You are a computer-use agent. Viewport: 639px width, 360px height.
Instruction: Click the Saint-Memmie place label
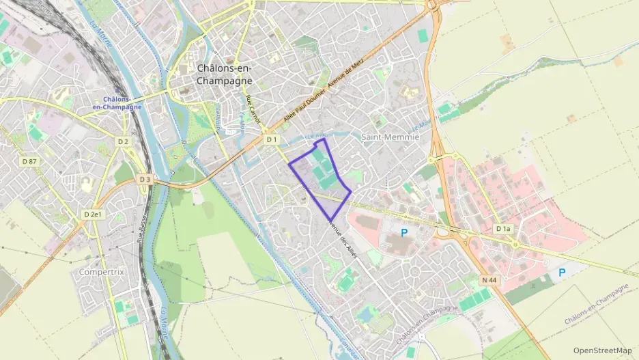tap(389, 137)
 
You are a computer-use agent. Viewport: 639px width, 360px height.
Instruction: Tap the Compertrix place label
tap(102, 271)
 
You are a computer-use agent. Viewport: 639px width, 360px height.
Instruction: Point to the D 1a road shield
tap(503, 228)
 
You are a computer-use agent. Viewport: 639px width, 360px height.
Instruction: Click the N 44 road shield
tap(488, 280)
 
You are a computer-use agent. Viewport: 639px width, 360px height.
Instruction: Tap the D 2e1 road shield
tap(93, 214)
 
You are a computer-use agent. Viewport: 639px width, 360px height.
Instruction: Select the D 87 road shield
tap(29, 161)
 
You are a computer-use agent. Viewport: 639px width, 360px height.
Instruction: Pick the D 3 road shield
tap(145, 179)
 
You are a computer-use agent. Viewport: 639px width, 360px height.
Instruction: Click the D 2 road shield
tap(123, 141)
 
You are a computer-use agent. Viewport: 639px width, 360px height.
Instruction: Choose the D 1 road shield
tap(272, 139)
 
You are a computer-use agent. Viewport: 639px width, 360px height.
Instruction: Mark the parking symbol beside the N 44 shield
tap(562, 273)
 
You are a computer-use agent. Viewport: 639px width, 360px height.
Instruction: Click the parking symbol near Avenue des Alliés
tap(404, 232)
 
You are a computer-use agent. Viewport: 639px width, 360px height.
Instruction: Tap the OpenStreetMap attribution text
tap(602, 350)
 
